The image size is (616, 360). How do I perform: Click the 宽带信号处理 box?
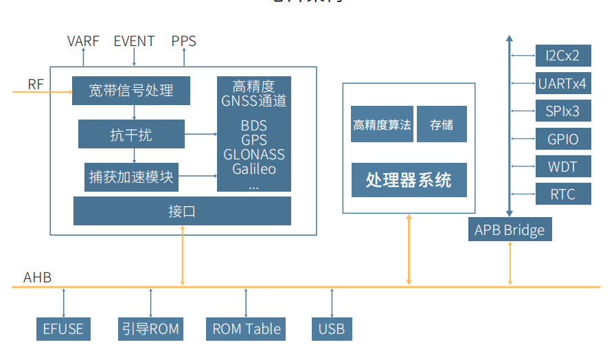[x=130, y=91]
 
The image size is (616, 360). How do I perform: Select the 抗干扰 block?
[x=131, y=134]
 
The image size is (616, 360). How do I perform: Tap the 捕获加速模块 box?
[x=130, y=178]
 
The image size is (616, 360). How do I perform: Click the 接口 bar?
[x=182, y=211]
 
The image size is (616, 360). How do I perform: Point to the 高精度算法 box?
[x=382, y=124]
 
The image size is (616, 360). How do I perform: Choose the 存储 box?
[x=442, y=124]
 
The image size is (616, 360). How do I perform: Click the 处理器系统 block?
[x=409, y=180]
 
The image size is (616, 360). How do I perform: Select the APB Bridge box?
[x=510, y=229]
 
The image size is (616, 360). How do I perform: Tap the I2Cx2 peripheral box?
[x=562, y=56]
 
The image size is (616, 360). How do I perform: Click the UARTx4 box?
[x=562, y=85]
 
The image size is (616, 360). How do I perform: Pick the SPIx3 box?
[x=562, y=111]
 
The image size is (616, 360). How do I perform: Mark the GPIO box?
[x=562, y=139]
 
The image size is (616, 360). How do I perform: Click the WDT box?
[x=562, y=167]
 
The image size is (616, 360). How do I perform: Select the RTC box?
[x=562, y=194]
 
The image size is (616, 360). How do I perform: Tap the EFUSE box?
[x=63, y=329]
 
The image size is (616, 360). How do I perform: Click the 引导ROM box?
[x=150, y=329]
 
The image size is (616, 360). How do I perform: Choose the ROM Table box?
[x=246, y=329]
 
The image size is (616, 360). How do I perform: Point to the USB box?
[x=332, y=329]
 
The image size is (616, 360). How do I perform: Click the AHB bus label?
[x=37, y=278]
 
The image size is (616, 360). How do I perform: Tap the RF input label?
[x=36, y=85]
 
